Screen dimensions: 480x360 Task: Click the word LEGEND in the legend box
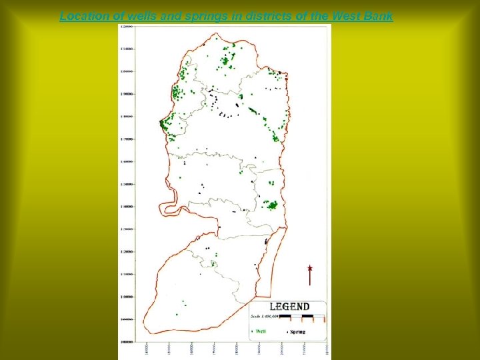(289, 307)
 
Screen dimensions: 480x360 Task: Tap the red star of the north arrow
(310, 269)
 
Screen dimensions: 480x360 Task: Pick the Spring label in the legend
(297, 331)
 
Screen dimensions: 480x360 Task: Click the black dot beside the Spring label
(287, 331)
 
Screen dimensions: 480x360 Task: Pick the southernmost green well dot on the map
(176, 315)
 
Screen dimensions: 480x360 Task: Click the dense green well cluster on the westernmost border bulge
(163, 124)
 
